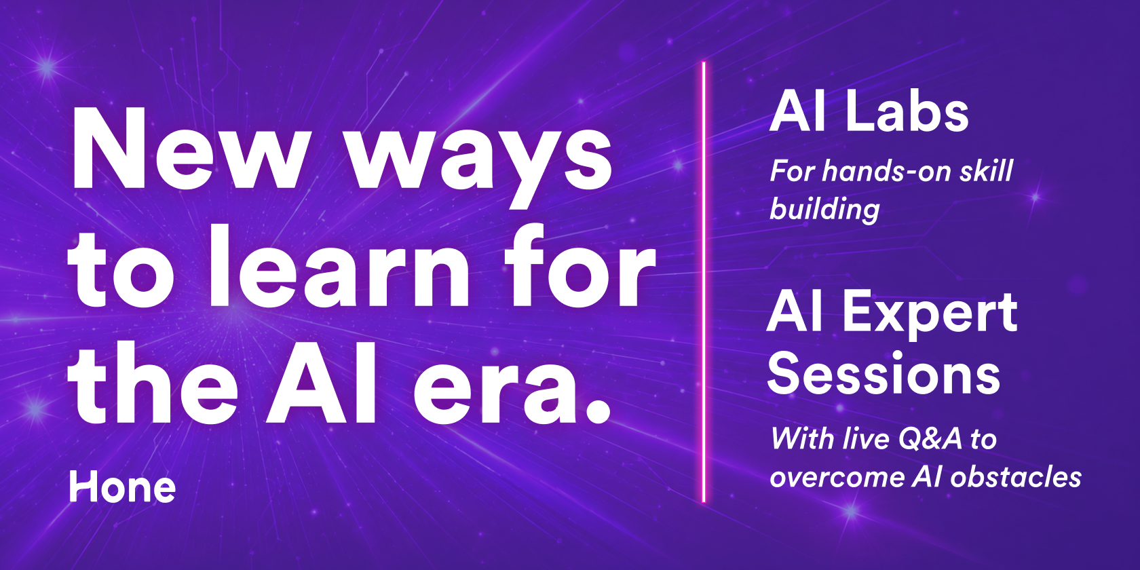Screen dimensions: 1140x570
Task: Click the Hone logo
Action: point(122,487)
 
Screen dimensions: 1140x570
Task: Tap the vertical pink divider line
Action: point(704,282)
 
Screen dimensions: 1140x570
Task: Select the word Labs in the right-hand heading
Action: point(907,112)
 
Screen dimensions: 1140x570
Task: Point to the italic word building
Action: point(824,210)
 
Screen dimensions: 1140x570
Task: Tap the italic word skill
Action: point(987,171)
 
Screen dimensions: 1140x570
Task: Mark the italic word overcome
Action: point(837,478)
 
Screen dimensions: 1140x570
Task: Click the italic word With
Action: point(803,438)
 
